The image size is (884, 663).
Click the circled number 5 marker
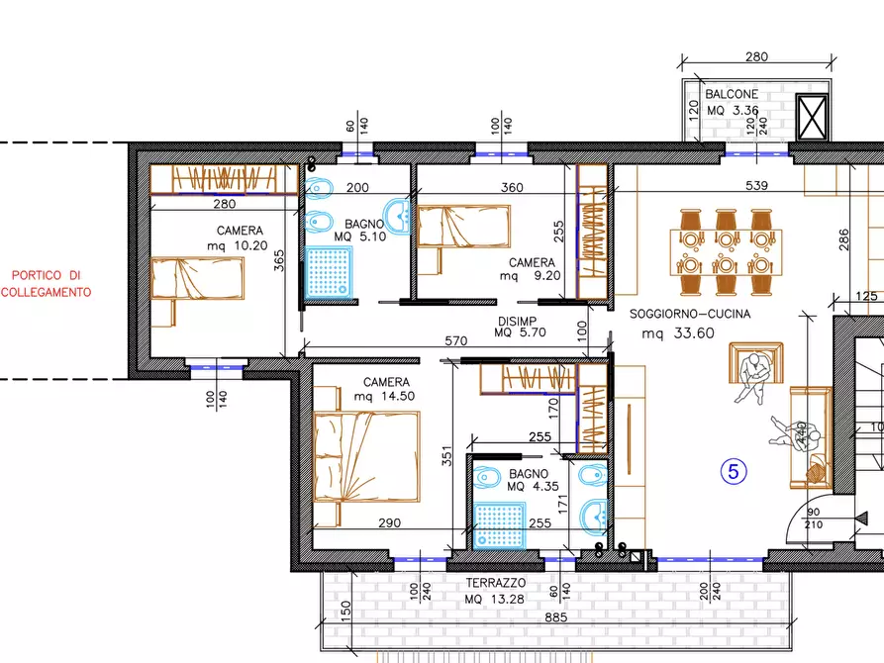coord(734,471)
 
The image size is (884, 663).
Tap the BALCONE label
coord(732,94)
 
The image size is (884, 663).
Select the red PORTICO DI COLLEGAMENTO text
coord(47,284)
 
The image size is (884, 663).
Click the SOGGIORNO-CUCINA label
coord(690,314)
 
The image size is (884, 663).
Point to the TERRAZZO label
coord(496,583)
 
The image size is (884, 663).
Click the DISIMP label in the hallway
coord(517,322)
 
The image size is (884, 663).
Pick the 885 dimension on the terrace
coord(556,617)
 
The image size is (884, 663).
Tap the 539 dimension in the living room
coord(756,185)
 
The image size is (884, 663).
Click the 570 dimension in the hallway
coord(455,340)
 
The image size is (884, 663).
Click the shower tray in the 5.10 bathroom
coord(329,272)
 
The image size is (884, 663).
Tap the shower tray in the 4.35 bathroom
coord(499,525)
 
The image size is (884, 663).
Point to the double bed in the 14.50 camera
coord(366,456)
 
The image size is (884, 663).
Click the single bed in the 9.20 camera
coord(463,227)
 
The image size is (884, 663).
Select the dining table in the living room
coord(727,252)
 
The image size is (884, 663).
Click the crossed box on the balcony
coord(813,117)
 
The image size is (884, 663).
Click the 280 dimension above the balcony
coord(756,56)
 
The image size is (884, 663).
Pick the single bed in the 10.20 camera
coord(197,278)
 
